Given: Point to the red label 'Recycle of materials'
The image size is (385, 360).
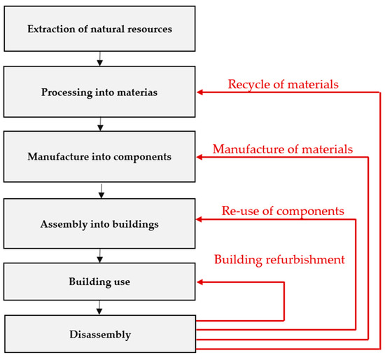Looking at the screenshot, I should coord(283,84).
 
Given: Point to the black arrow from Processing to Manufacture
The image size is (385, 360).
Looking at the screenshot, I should coord(101,125).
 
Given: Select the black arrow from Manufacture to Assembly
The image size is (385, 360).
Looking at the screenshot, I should coord(101,190).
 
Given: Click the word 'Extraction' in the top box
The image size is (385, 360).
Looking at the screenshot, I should coord(50,29).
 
